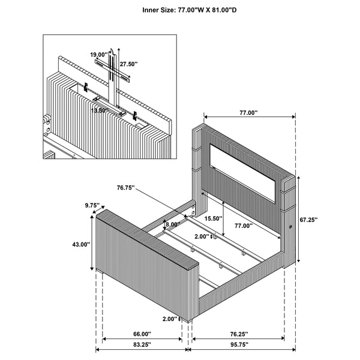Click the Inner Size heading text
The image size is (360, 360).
(180, 10)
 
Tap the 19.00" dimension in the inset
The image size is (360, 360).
(99, 55)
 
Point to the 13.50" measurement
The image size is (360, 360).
(100, 110)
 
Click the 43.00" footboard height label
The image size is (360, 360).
(80, 244)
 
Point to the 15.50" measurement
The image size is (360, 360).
(213, 218)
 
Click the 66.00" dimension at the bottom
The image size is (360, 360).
(142, 334)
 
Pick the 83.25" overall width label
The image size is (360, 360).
(142, 345)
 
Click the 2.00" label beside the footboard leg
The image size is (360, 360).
(170, 319)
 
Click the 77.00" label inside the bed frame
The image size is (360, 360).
(243, 226)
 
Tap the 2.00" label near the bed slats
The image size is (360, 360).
(202, 236)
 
